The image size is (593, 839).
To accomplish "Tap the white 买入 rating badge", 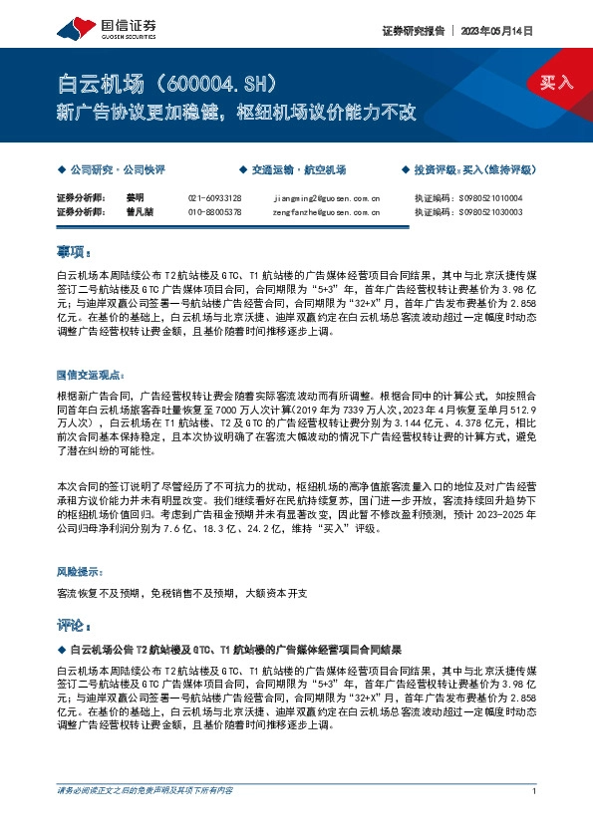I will tap(557, 83).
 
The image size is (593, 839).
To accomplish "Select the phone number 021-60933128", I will tap(214, 198).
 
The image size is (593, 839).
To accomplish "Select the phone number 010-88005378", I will tap(214, 211).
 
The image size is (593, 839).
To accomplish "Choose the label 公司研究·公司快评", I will tap(117, 170).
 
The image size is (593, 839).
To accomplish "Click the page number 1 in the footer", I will tap(535, 790).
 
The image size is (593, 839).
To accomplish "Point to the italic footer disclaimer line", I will tap(146, 790).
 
